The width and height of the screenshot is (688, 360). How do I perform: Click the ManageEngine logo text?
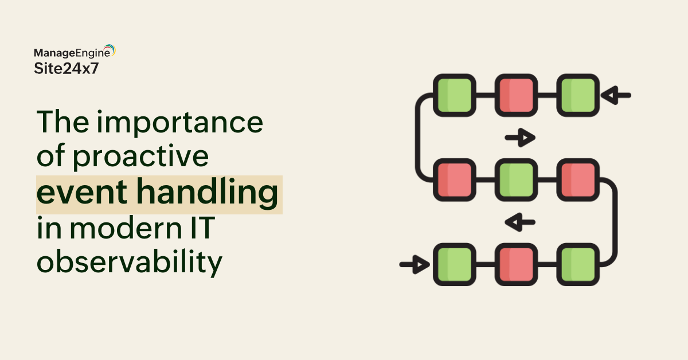click(x=72, y=53)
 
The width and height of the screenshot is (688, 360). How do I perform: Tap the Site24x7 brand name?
click(x=67, y=68)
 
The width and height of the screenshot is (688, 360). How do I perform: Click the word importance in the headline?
click(x=179, y=123)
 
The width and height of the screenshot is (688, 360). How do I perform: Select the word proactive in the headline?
click(x=140, y=156)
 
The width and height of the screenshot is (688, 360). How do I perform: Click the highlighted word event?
click(x=81, y=192)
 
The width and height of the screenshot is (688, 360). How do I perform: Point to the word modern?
click(x=126, y=228)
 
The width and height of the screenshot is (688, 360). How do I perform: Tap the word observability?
click(x=130, y=262)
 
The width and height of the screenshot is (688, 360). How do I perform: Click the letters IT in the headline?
click(x=203, y=228)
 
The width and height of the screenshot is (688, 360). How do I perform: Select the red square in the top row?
click(x=516, y=95)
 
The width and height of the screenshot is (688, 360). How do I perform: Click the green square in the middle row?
click(x=516, y=180)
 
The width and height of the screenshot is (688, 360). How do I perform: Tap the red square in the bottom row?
click(x=516, y=264)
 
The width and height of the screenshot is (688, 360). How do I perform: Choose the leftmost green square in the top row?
click(x=455, y=95)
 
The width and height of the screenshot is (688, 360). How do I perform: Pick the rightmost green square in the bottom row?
click(x=578, y=264)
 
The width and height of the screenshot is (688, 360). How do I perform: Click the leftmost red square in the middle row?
click(x=455, y=180)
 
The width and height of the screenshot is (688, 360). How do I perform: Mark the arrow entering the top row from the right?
click(x=616, y=95)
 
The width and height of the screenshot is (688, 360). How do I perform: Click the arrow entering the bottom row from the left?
click(x=415, y=264)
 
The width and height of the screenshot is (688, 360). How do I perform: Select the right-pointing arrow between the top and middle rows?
click(x=520, y=138)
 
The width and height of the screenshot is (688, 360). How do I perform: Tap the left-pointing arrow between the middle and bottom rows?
click(x=520, y=222)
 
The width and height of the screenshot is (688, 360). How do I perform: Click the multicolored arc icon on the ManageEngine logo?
click(x=110, y=49)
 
